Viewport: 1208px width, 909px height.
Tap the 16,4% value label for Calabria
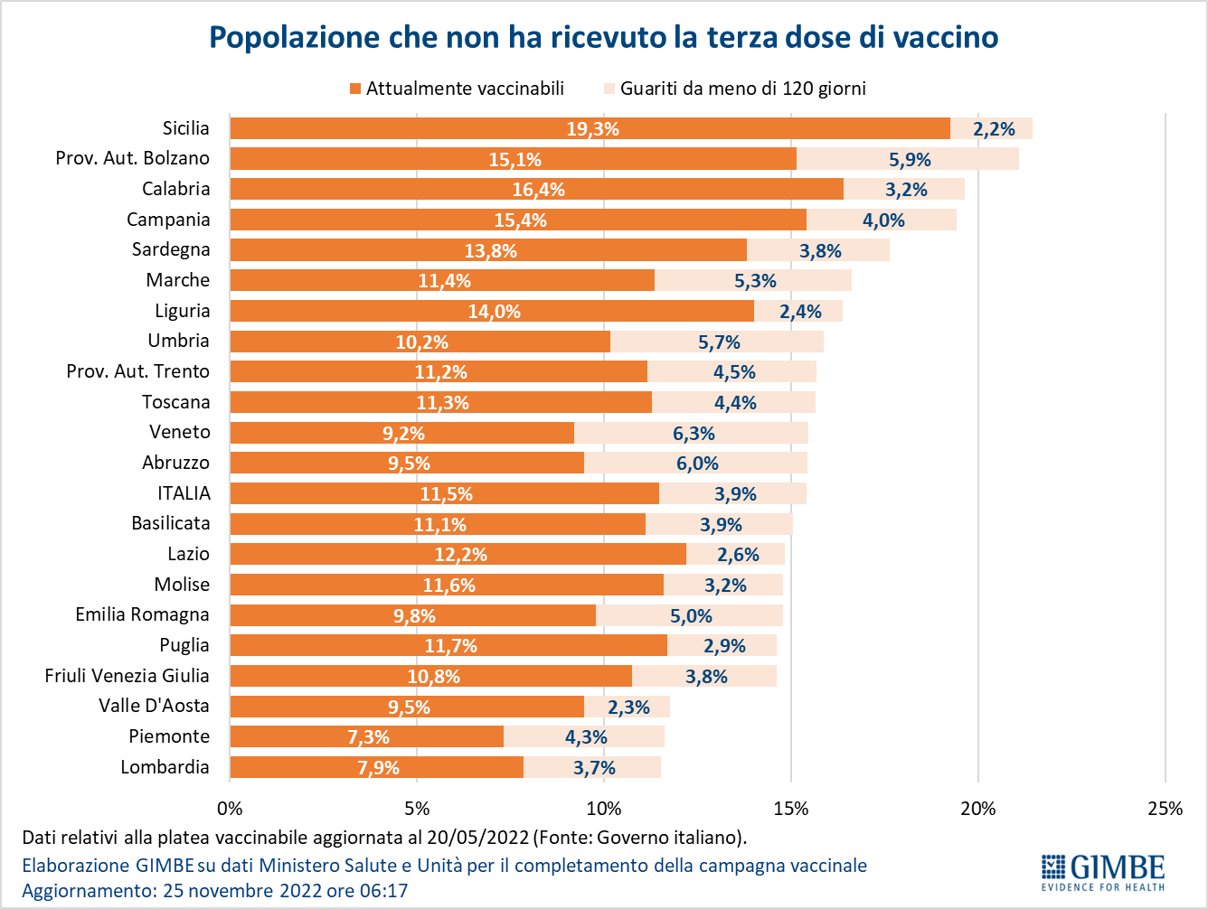click(x=538, y=190)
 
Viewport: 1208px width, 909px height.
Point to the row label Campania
click(x=168, y=220)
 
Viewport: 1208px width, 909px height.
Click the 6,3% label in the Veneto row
click(x=694, y=434)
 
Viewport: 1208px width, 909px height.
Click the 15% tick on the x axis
click(x=791, y=809)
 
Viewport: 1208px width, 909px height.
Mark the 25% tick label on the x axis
click(x=1165, y=809)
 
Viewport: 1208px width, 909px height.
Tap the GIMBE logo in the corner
click(x=1102, y=872)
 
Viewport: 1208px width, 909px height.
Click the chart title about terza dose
click(x=604, y=37)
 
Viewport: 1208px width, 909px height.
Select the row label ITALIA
click(x=184, y=493)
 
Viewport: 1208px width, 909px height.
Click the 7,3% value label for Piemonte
click(x=368, y=737)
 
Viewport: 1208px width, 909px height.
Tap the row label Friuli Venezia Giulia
click(x=127, y=676)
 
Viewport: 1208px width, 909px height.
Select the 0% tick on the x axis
click(x=231, y=809)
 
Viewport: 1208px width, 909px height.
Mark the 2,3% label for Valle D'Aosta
click(x=628, y=708)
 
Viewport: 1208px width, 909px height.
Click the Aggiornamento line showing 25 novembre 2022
click(x=214, y=891)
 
